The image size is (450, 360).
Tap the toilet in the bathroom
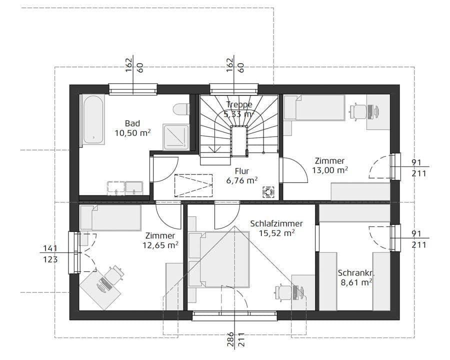[x=181, y=109]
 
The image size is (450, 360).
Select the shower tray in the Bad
[x=175, y=136]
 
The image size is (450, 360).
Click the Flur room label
[x=241, y=170]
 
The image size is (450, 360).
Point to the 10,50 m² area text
[x=132, y=133]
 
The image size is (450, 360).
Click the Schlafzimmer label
[x=276, y=223]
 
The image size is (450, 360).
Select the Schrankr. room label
[x=356, y=273]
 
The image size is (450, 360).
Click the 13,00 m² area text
[x=329, y=170]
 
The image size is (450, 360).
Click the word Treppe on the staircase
[x=238, y=104]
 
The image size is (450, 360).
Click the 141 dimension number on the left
[x=50, y=248]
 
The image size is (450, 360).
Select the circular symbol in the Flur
[x=268, y=191]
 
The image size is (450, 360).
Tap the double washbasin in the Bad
[x=125, y=187]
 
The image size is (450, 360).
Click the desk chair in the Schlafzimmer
[x=283, y=291]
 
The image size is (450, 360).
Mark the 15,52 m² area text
[x=276, y=233]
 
